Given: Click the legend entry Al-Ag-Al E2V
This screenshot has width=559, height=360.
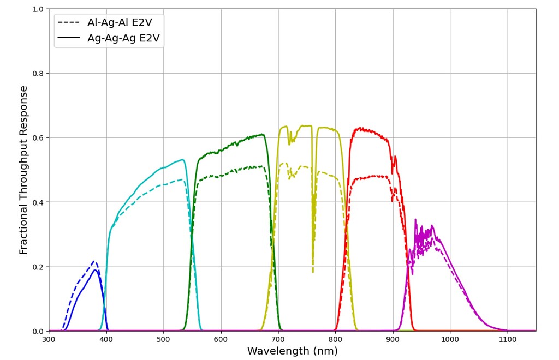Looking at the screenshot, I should (x=120, y=23).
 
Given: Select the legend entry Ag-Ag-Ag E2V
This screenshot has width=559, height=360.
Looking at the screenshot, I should (x=123, y=38).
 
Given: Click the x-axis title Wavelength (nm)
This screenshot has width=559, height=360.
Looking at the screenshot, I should (x=293, y=351).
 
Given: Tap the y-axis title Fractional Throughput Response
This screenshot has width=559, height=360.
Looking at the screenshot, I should (x=23, y=170).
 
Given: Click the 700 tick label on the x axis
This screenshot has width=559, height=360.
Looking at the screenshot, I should (x=278, y=339).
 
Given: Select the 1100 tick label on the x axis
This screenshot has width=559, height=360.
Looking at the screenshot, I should (x=507, y=339).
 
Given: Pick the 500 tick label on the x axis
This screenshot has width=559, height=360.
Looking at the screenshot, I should (x=163, y=339).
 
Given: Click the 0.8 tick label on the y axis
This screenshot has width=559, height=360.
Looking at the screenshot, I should (x=37, y=73).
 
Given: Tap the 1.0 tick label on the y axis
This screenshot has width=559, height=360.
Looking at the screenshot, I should (x=37, y=9).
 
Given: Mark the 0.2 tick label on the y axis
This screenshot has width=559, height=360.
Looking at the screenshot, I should (x=37, y=267).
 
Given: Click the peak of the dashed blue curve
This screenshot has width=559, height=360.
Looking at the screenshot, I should (x=94, y=261).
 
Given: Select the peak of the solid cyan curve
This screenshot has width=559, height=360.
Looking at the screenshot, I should (x=182, y=160).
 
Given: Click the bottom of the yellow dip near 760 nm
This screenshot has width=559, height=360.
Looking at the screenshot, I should (x=313, y=271).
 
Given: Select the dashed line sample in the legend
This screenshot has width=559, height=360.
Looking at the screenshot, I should (x=69, y=23).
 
